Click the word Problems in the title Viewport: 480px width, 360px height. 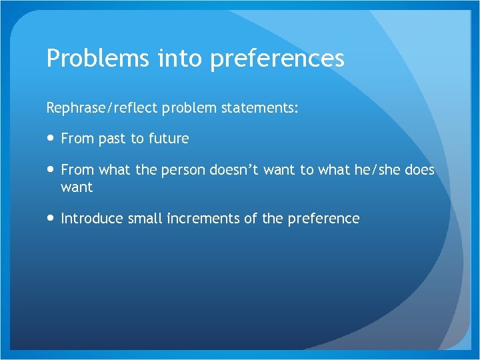(97, 59)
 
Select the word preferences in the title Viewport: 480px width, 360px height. (277, 59)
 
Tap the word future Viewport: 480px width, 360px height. (169, 139)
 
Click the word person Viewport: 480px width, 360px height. (183, 170)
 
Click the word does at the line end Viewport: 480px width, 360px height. (419, 170)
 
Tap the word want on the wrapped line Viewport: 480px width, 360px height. (77, 187)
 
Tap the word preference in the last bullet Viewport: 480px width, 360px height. (324, 219)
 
